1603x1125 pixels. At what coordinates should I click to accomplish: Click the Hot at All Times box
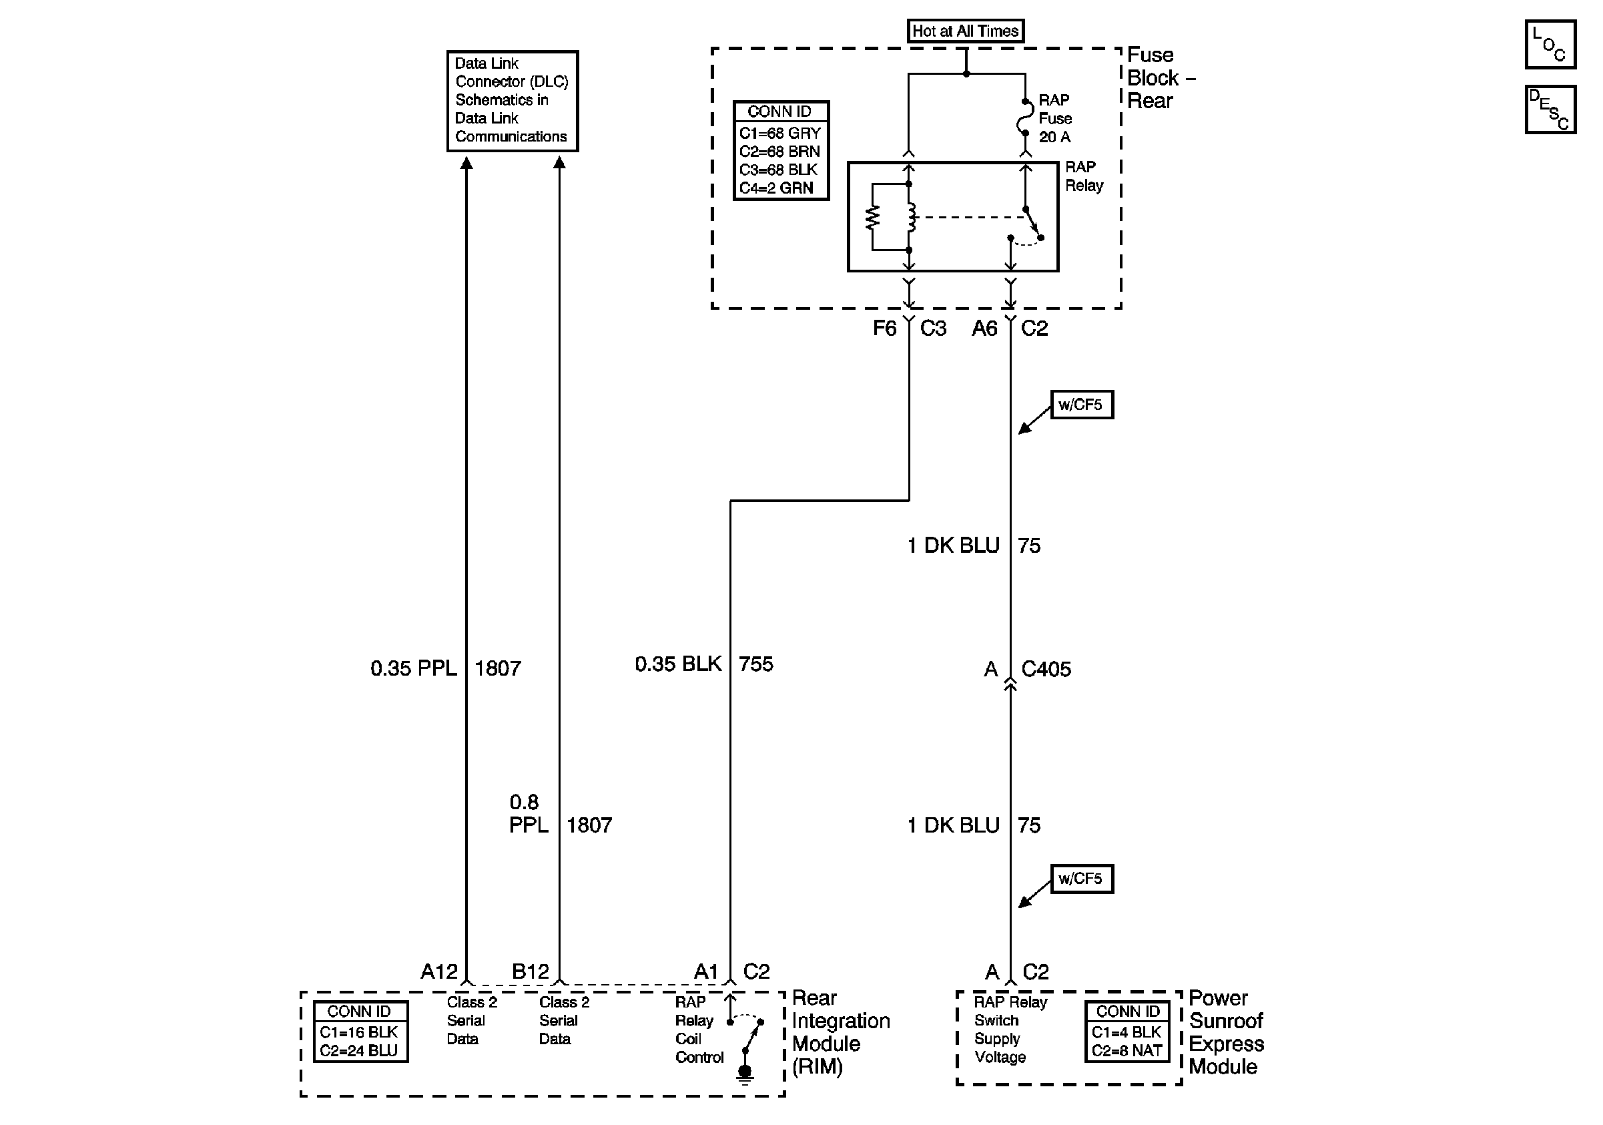point(966,31)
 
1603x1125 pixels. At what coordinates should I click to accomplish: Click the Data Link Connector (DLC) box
point(512,101)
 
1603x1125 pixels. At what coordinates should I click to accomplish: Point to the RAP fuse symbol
point(1024,118)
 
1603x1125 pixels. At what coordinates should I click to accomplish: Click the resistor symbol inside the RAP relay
point(873,217)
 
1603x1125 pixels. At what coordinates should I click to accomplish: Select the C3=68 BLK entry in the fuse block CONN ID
point(778,170)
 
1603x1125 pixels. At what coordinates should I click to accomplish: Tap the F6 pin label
point(884,328)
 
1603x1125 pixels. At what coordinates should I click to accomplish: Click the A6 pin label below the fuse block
point(984,328)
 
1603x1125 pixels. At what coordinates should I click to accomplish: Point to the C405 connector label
point(1045,669)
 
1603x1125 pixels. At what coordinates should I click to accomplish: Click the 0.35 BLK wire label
point(677,664)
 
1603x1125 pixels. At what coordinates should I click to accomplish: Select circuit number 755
point(756,664)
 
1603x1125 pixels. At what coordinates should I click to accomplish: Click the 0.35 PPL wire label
point(413,668)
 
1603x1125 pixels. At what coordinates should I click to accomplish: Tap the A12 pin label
point(438,971)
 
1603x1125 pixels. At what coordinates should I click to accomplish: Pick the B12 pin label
point(530,971)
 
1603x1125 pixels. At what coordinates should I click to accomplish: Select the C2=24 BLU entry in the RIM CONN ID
point(359,1050)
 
